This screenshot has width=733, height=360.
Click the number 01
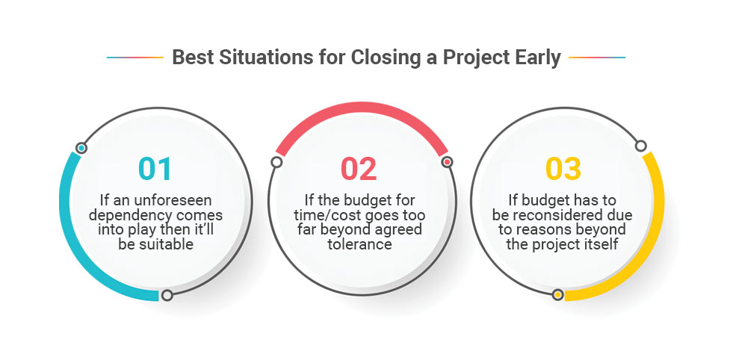155,169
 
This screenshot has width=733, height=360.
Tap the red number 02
359,169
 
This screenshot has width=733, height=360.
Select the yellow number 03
563,169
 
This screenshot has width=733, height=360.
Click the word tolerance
359,244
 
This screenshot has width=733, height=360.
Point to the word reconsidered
570,215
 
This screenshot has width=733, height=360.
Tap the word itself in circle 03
602,244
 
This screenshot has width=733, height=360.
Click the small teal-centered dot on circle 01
81,148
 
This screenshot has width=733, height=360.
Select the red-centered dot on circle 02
447,162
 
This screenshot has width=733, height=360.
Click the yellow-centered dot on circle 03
557,295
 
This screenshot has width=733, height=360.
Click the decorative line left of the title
135,58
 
